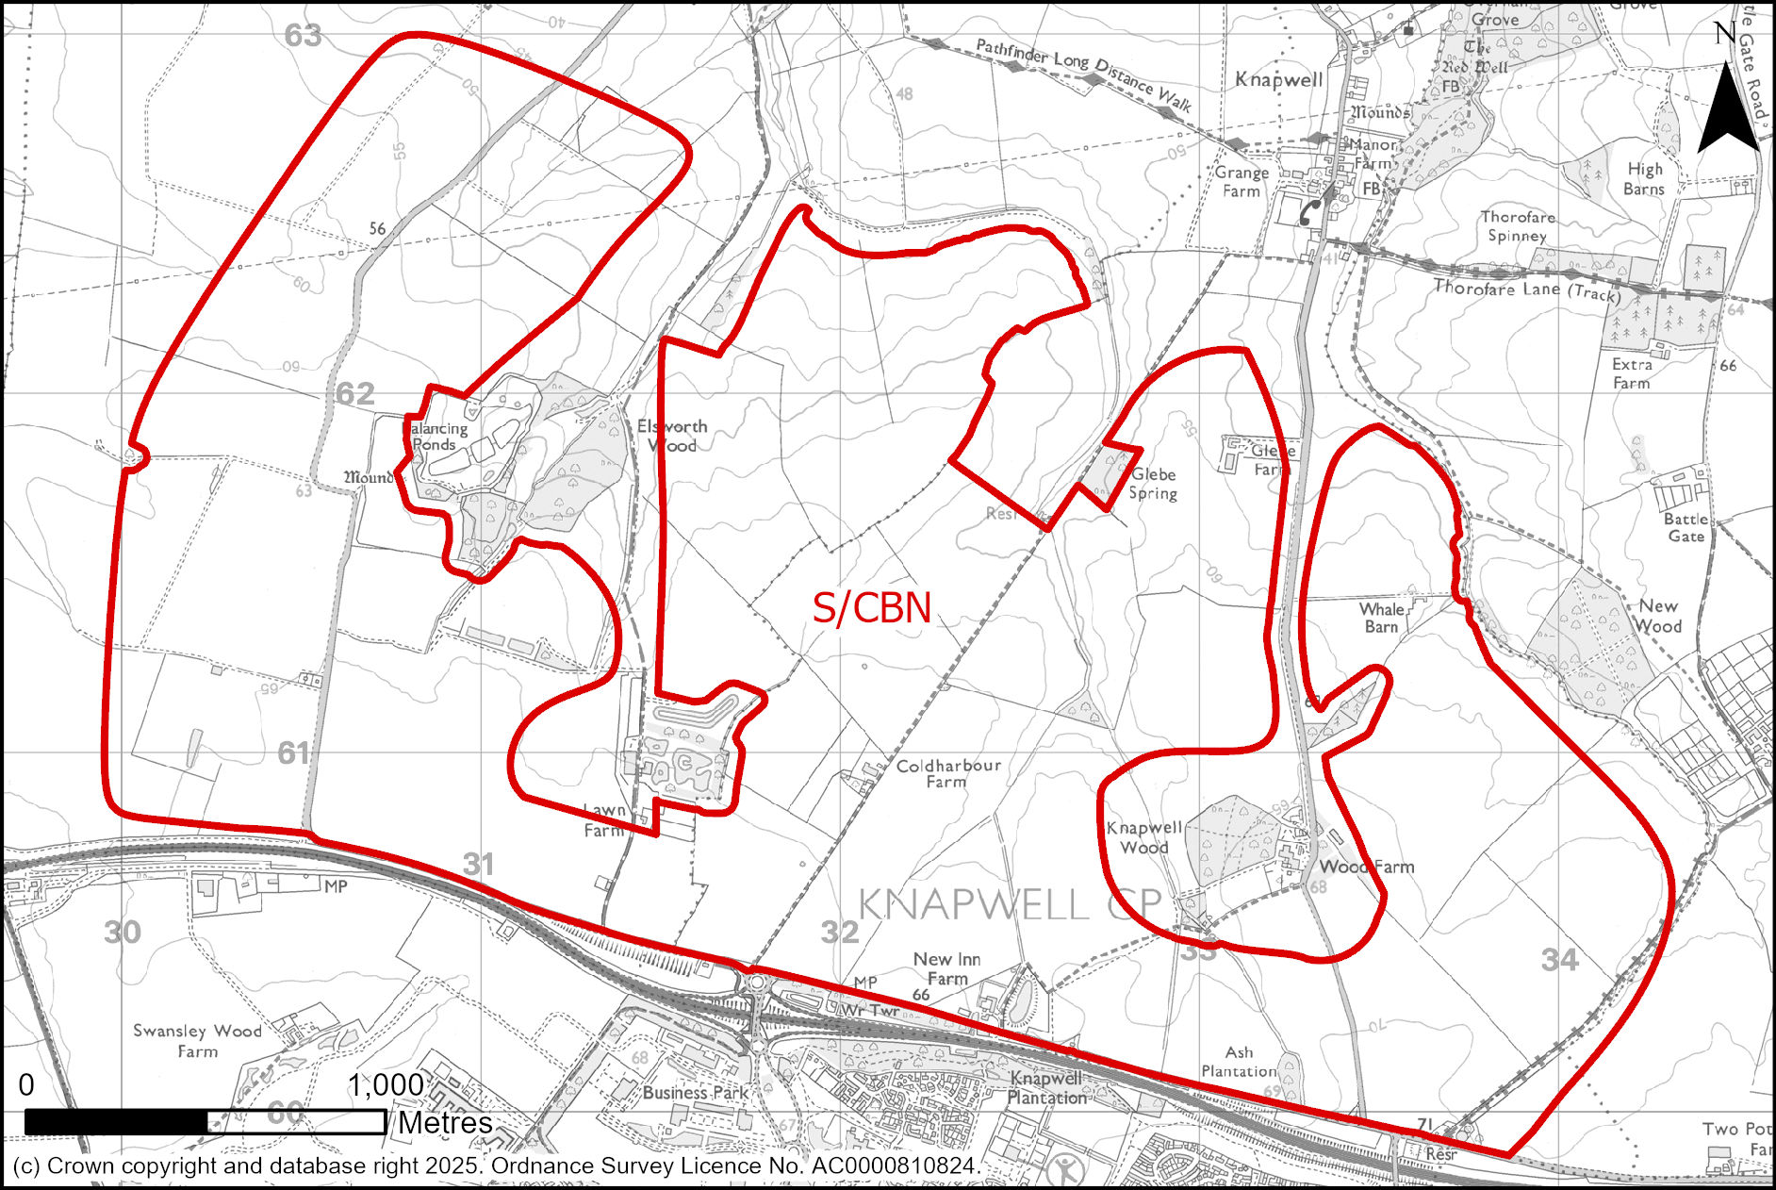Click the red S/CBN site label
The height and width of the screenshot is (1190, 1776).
[872, 608]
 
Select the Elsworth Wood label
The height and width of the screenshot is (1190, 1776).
[672, 436]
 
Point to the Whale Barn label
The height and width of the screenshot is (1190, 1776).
[1382, 618]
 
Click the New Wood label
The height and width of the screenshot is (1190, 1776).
[1658, 616]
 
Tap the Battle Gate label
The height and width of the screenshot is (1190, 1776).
[1686, 527]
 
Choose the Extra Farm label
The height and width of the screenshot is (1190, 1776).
[1632, 373]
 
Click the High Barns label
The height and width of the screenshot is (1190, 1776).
[1645, 178]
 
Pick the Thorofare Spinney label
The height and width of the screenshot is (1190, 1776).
[1518, 226]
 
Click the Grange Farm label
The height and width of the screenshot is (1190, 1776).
[1242, 182]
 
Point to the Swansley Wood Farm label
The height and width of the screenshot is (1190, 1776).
[197, 1040]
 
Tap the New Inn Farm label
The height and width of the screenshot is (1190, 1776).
[946, 968]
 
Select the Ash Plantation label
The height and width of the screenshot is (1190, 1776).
[1239, 1061]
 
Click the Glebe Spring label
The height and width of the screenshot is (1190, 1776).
[1154, 484]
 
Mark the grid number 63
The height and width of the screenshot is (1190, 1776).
[303, 36]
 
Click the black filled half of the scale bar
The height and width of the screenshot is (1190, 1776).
[116, 1122]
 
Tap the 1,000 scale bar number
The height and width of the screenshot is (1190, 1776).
[386, 1085]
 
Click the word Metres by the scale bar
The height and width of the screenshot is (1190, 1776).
[445, 1123]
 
